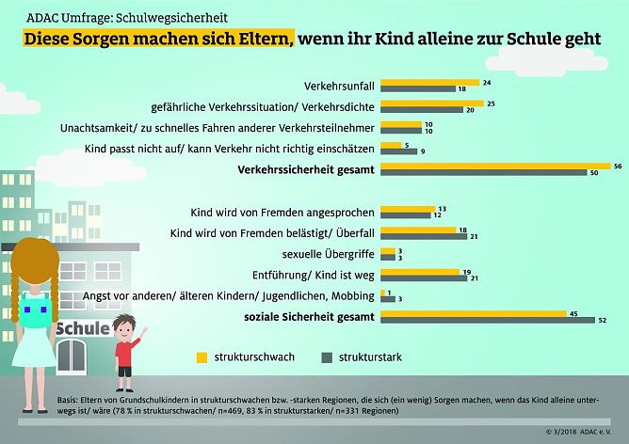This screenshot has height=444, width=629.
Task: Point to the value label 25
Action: click(492, 103)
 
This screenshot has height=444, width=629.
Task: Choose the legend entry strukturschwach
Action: click(252, 357)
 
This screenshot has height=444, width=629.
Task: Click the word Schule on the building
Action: click(82, 329)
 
